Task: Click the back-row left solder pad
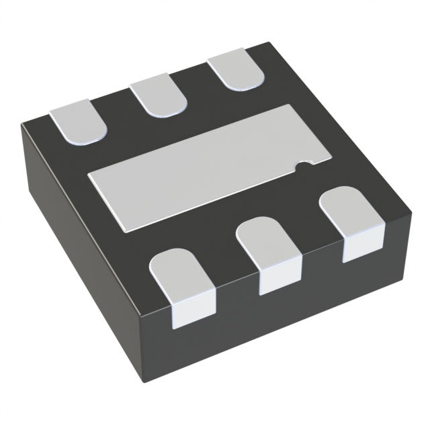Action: click(x=79, y=120)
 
